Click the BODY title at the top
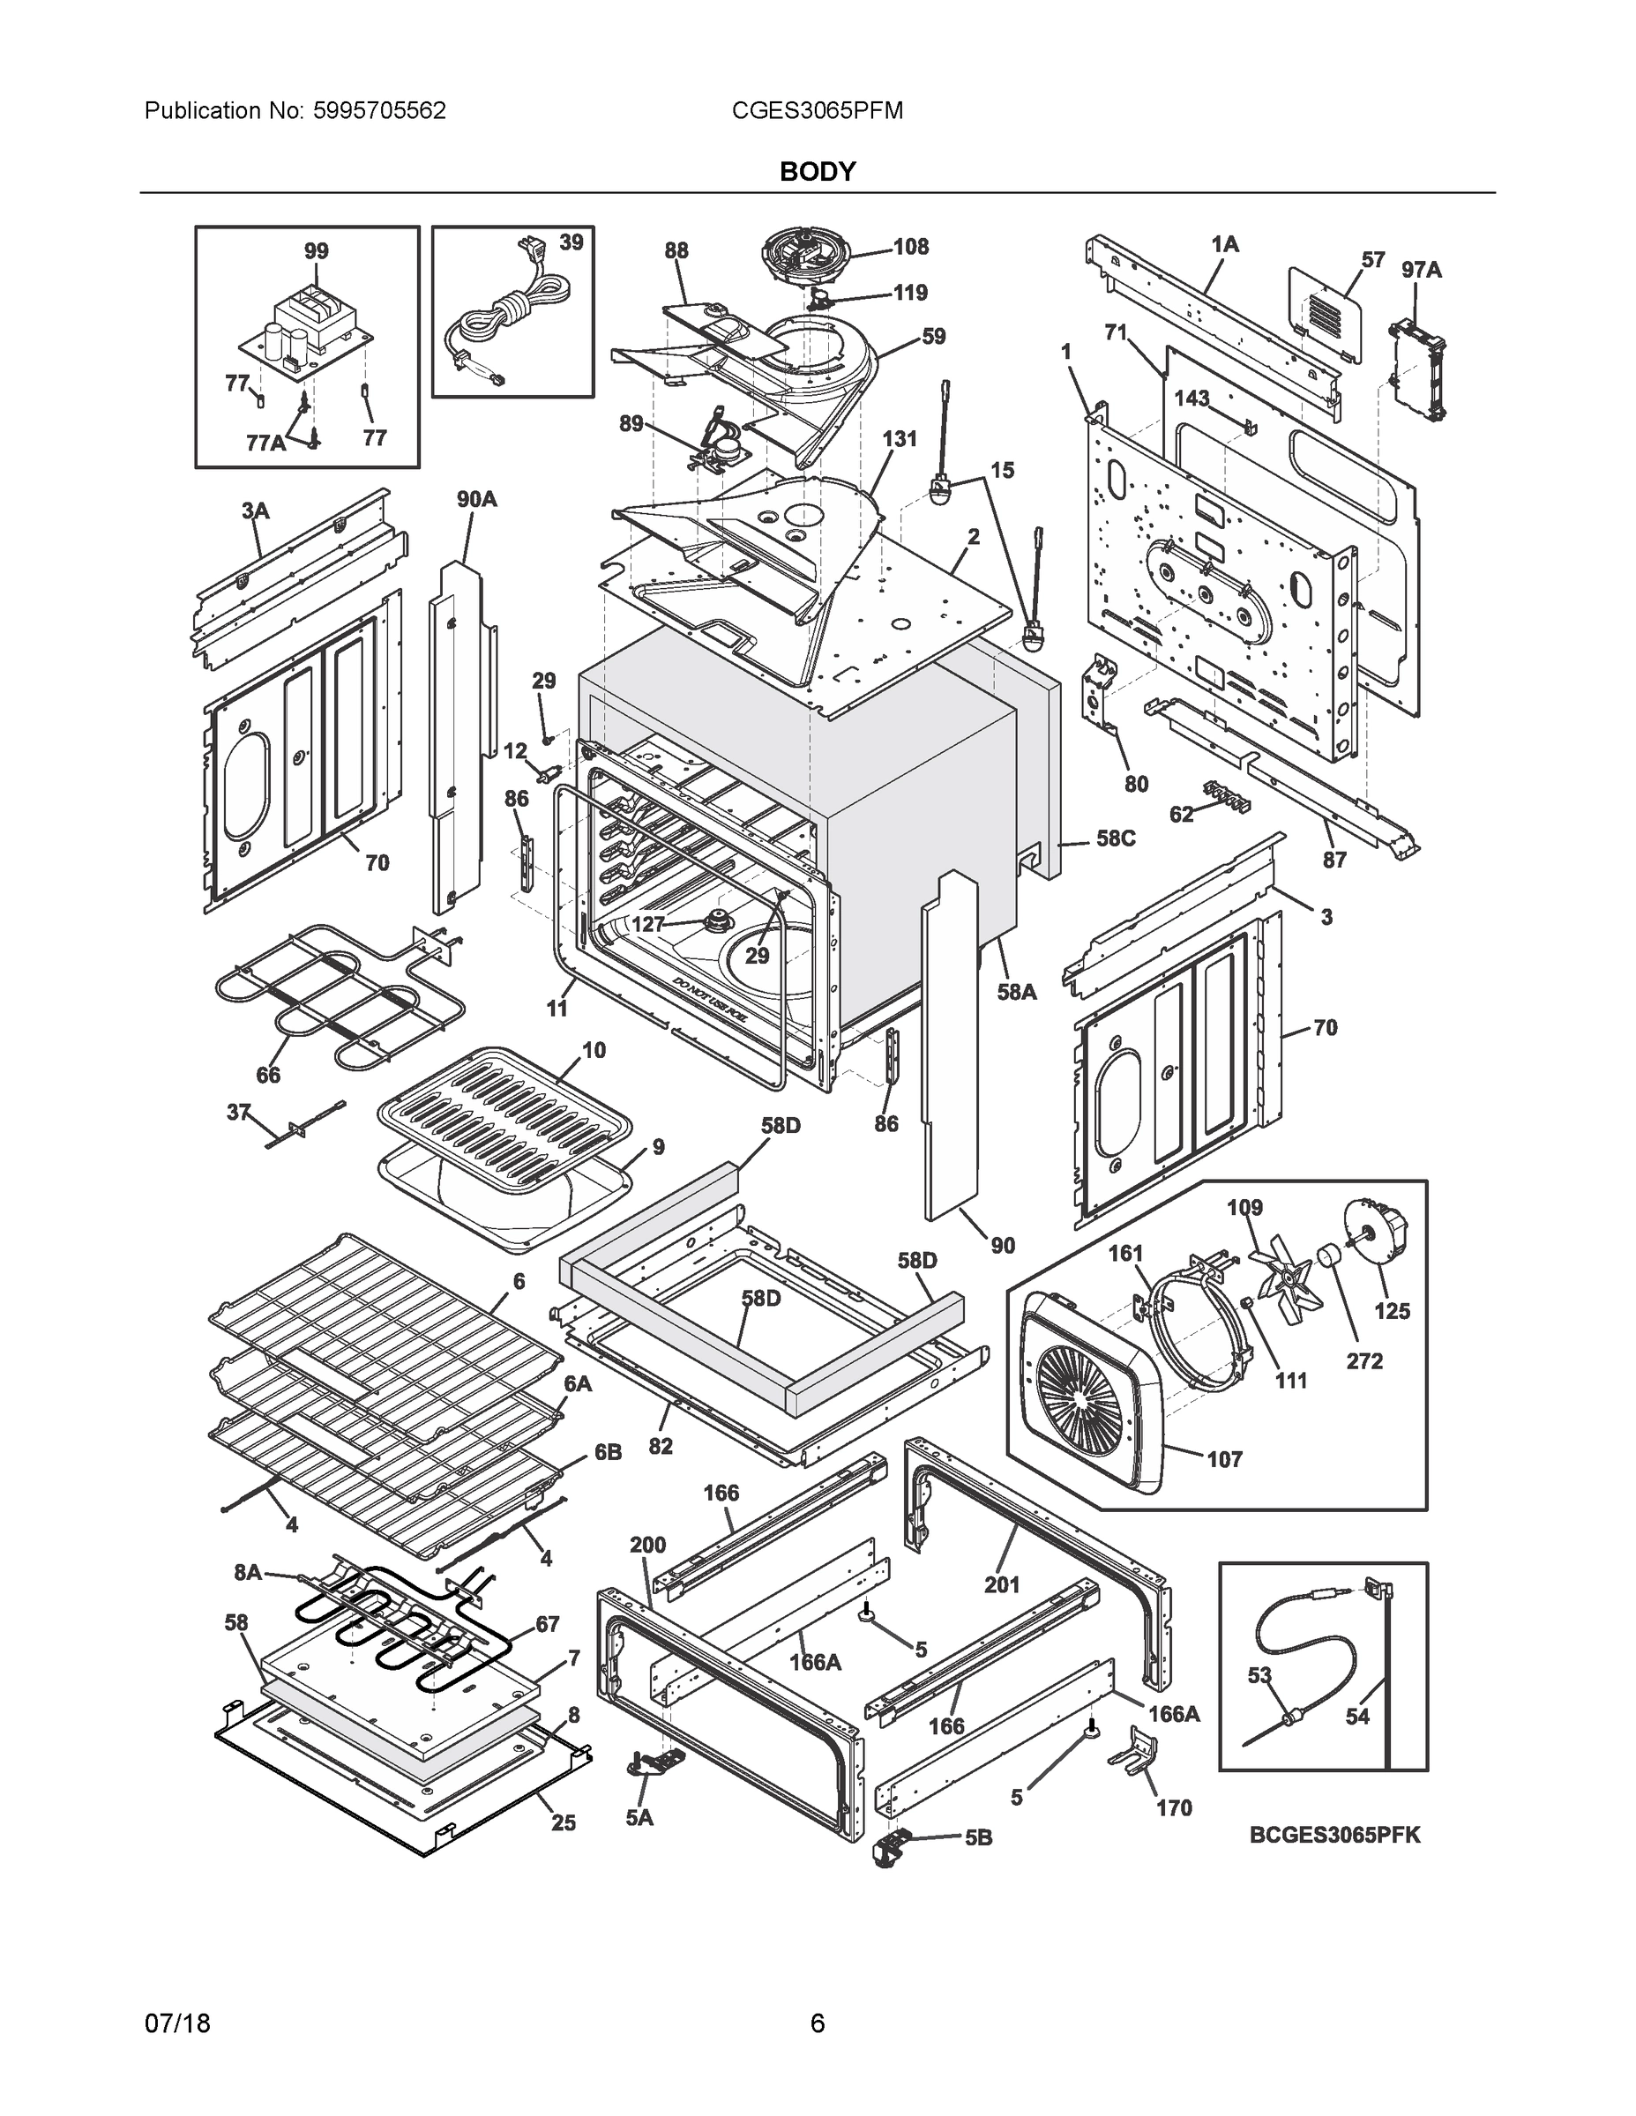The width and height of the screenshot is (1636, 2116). (817, 172)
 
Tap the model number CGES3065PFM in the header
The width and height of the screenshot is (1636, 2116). (817, 111)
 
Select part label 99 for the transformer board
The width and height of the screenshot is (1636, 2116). (316, 251)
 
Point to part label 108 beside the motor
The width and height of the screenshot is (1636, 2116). (910, 246)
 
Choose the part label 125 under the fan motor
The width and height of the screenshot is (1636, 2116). (1392, 1311)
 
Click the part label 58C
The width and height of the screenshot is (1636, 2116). (1115, 838)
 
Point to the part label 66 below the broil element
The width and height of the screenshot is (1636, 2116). (268, 1075)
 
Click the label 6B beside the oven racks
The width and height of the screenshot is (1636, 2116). (608, 1453)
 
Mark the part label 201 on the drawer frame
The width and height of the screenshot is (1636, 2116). (1002, 1584)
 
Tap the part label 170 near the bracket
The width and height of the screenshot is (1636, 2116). (1174, 1808)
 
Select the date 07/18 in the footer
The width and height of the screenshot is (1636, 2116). (177, 2024)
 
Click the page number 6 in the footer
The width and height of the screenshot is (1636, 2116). (817, 2024)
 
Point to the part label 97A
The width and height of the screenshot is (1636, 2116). (1421, 271)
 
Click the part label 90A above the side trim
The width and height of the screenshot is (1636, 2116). (477, 499)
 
